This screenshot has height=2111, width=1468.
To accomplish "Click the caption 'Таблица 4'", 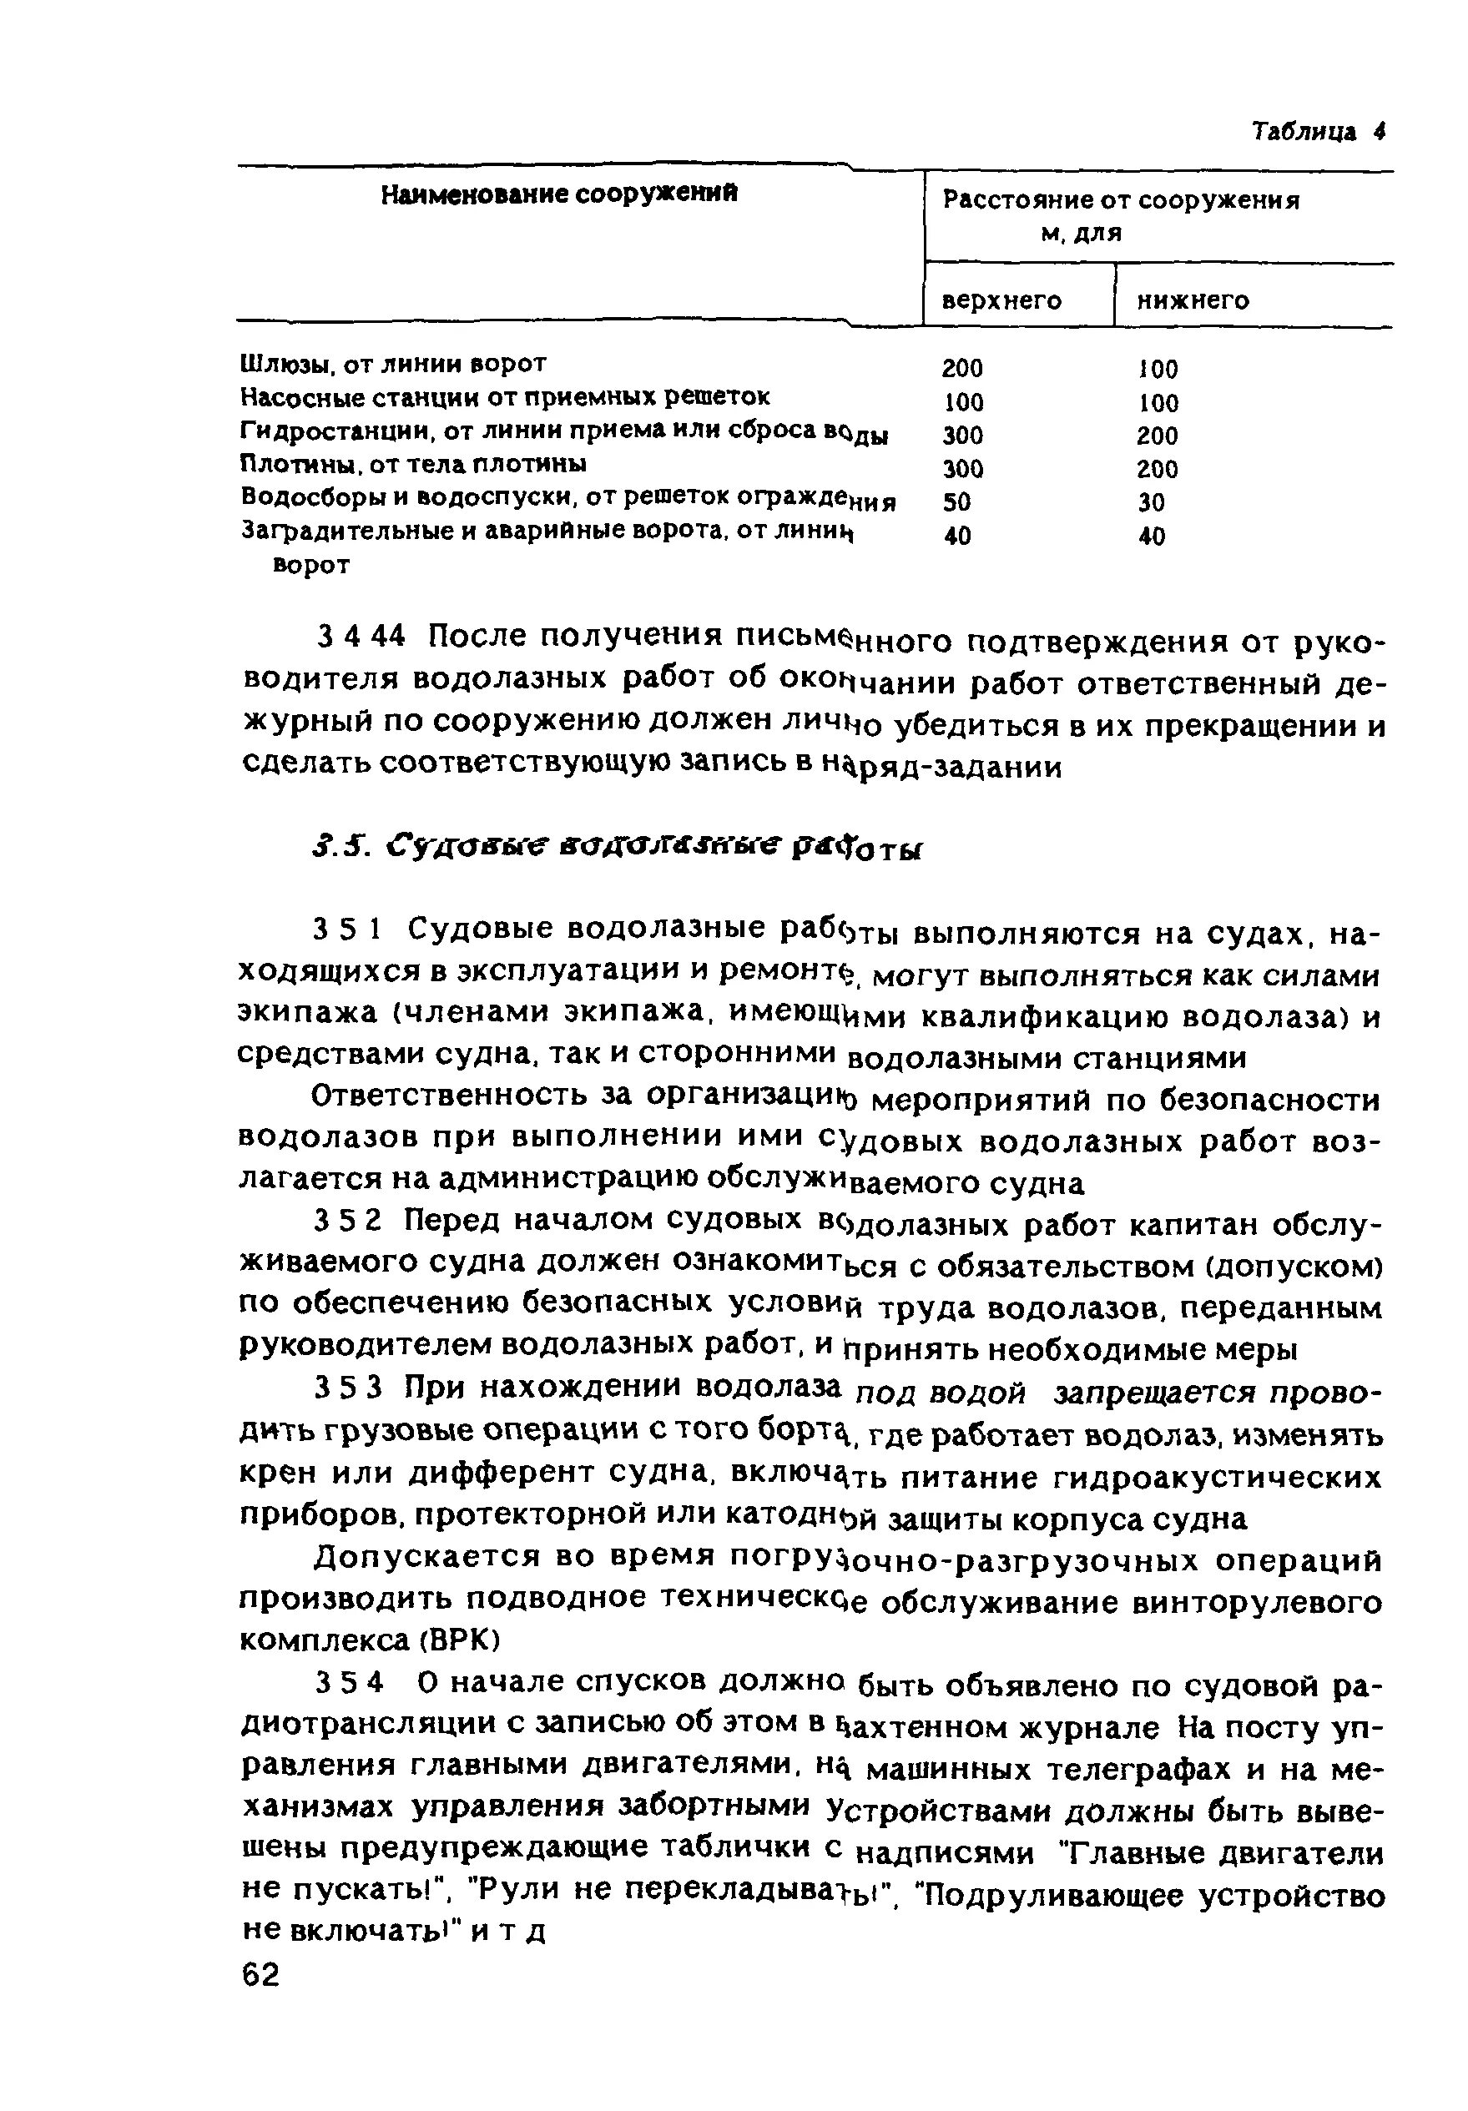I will (1318, 132).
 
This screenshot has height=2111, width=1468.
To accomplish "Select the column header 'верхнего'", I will (1001, 300).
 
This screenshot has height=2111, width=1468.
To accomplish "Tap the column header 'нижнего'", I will (1193, 300).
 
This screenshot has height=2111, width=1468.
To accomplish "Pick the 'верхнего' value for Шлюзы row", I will (963, 368).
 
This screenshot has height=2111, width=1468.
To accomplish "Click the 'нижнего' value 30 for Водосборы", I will (1151, 502).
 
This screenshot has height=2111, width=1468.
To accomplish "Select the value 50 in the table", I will (957, 502).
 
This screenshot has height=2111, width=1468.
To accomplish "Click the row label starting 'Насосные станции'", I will (505, 397).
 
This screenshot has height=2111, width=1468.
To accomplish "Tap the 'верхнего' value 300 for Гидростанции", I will (963, 435).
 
